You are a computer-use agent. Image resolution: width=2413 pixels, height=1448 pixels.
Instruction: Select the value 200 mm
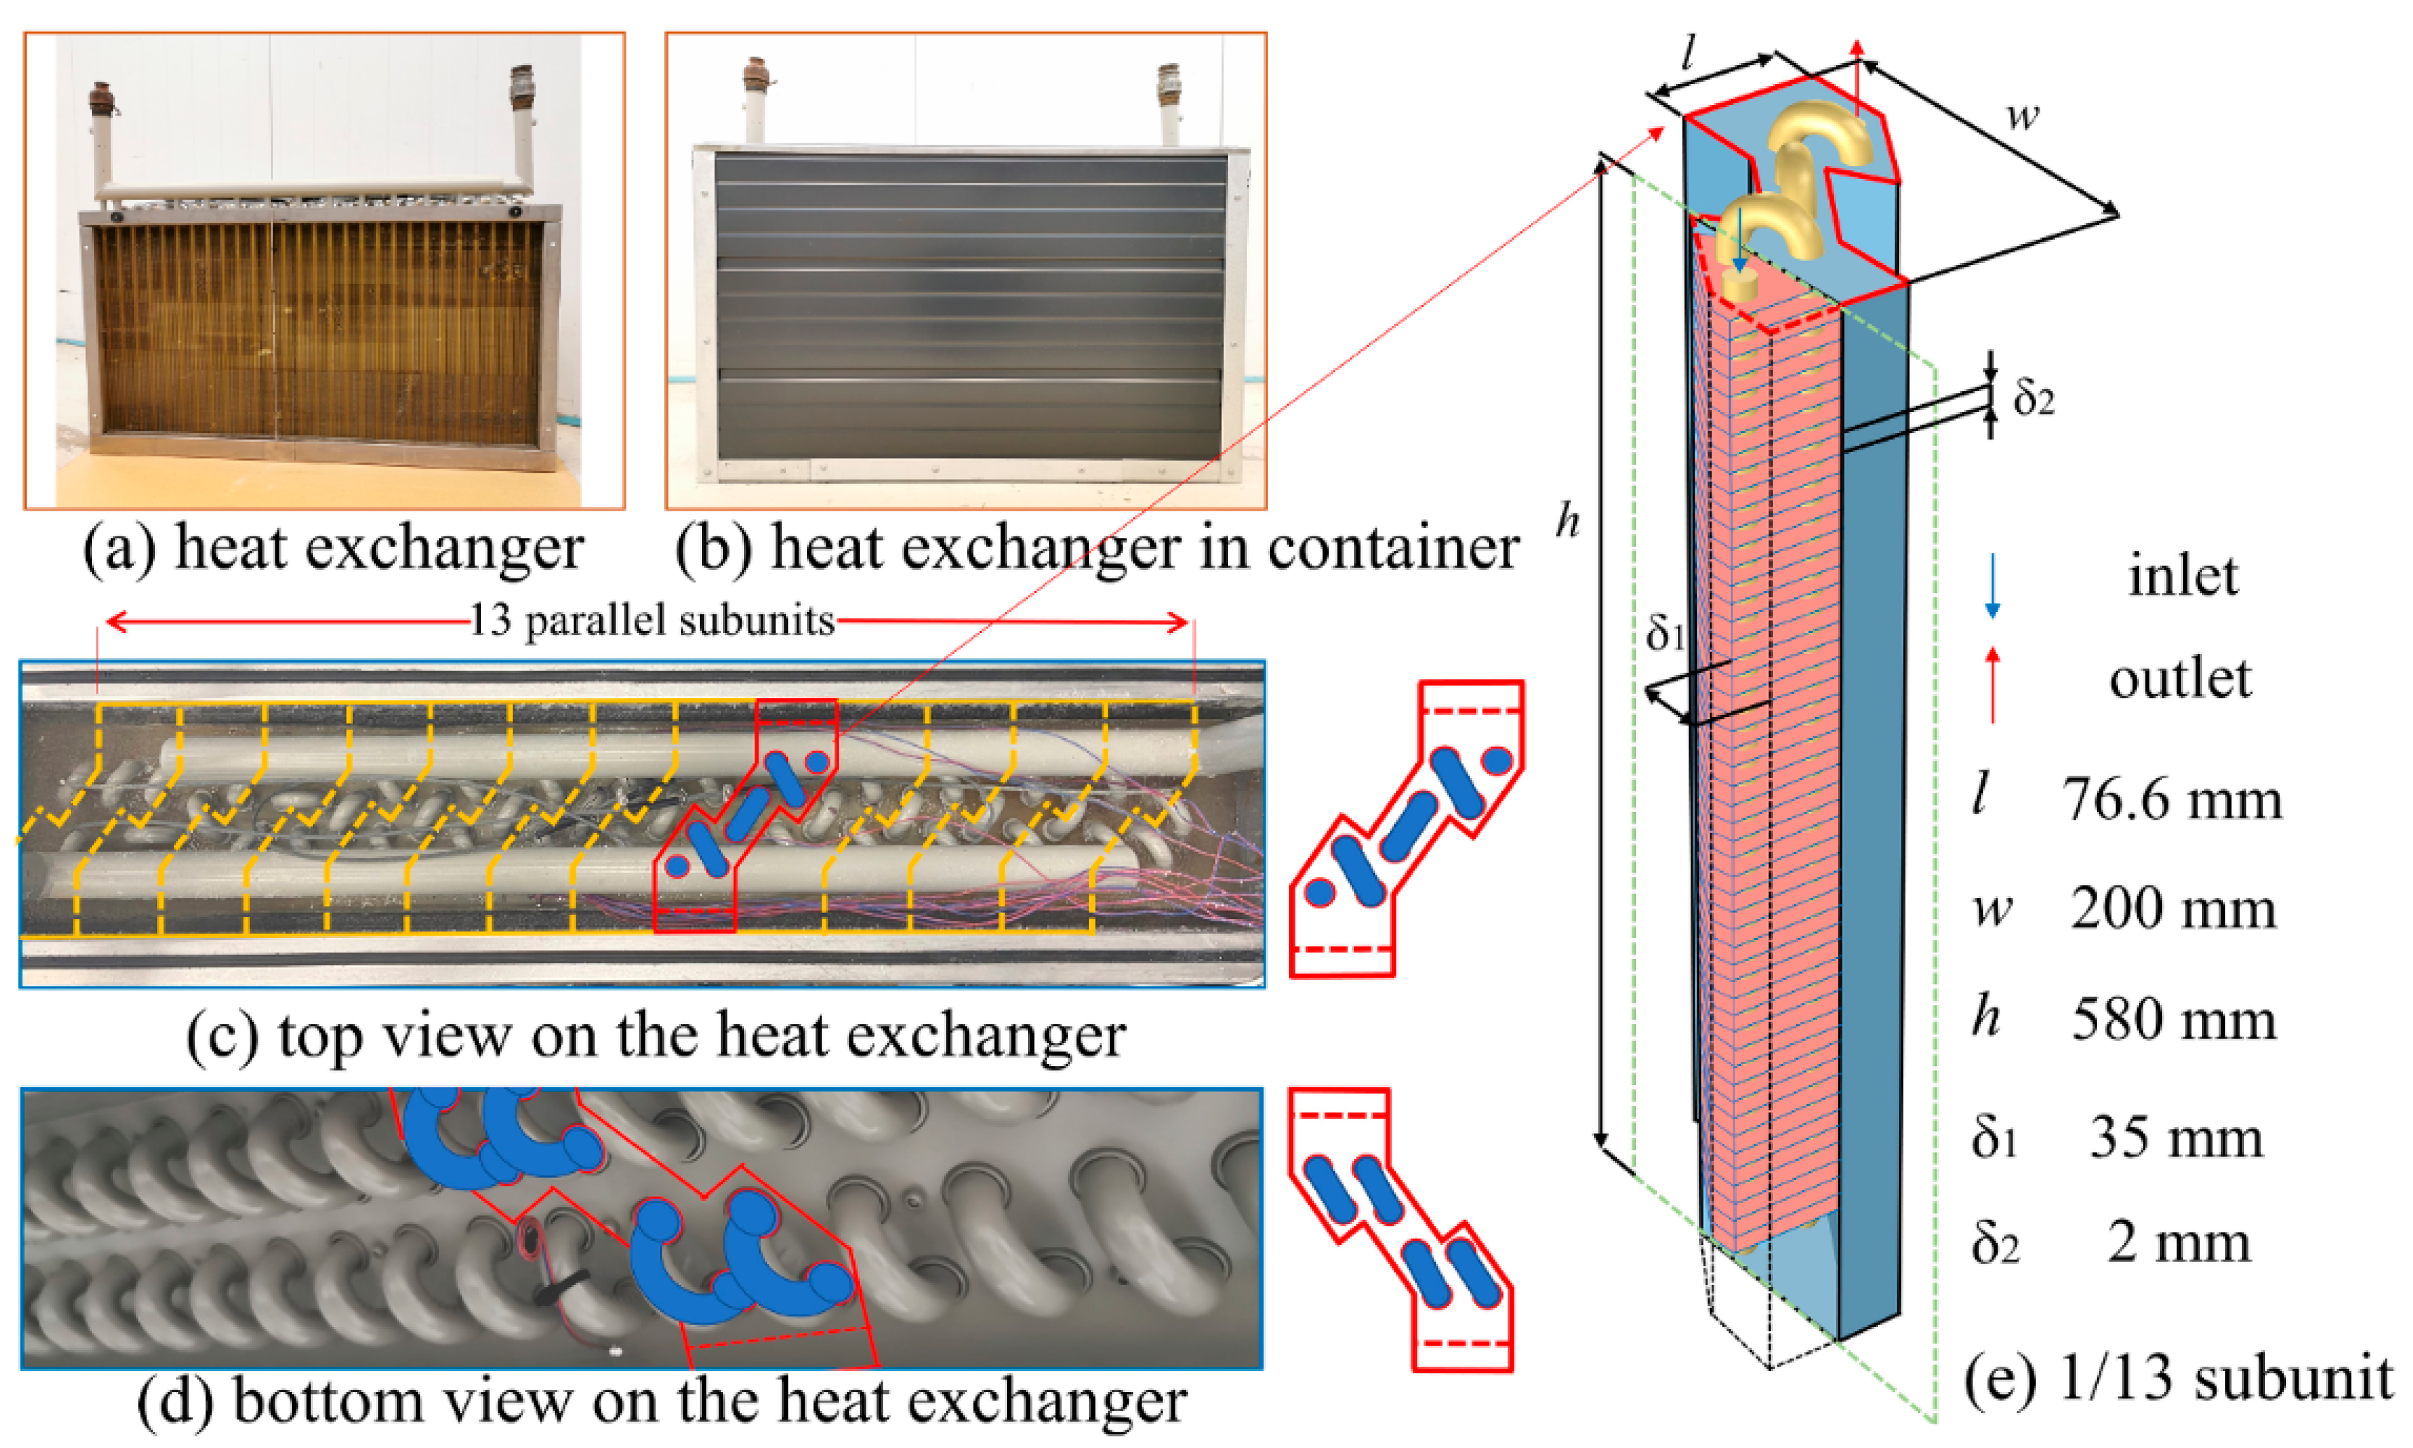pos(2174,910)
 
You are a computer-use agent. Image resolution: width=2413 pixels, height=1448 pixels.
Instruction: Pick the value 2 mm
pos(2178,1243)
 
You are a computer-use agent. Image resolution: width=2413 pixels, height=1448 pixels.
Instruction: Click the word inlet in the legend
pos(2183,576)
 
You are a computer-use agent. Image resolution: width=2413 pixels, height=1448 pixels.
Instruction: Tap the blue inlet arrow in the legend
pos(1992,586)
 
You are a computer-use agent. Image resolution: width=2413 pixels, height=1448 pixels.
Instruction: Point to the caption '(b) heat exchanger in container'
pos(1097,548)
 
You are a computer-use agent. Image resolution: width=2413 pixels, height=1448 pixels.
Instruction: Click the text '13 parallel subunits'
pos(652,620)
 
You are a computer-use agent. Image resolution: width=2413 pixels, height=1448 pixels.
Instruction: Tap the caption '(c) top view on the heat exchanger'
pos(656,1037)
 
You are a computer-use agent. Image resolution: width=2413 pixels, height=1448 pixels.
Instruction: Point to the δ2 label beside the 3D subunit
pos(2034,398)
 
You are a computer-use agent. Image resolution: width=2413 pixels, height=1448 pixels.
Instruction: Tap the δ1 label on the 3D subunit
pos(1664,634)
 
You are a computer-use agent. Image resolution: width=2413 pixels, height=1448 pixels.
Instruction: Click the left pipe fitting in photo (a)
pos(101,97)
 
